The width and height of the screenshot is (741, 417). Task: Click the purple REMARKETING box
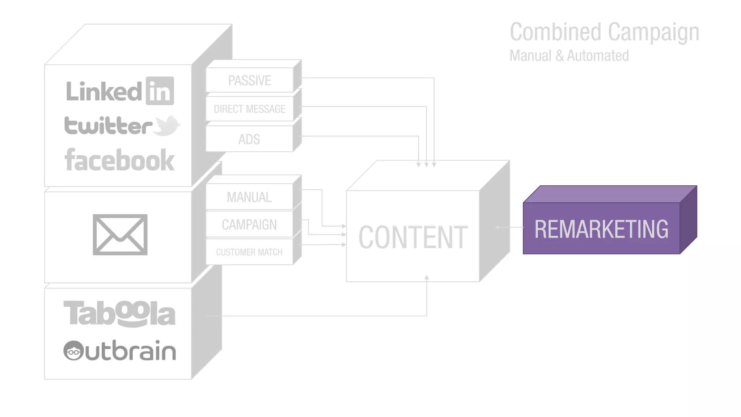[x=601, y=228]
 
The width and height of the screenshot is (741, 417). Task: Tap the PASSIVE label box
[x=249, y=80]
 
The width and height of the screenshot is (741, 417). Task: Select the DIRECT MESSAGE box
[x=249, y=109]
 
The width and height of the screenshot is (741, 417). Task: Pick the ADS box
[x=249, y=139]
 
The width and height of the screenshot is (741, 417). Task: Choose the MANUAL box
[x=249, y=197]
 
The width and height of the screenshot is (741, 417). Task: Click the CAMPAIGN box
[x=249, y=224]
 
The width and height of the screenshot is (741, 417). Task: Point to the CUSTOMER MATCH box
[x=249, y=252]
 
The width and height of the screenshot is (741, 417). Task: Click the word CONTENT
[x=413, y=237]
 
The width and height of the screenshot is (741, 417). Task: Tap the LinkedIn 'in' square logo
[x=160, y=91]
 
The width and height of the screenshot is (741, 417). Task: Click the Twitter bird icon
[x=166, y=125]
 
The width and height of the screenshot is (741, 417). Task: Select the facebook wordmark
[x=119, y=160]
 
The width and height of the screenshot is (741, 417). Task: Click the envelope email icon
[x=120, y=235]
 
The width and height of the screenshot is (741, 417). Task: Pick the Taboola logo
[x=119, y=313]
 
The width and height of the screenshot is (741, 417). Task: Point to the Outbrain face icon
[x=74, y=350]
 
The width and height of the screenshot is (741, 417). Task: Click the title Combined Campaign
[x=604, y=32]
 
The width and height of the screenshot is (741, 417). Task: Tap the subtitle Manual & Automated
[x=569, y=56]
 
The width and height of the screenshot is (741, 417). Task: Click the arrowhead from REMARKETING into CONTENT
[x=497, y=227]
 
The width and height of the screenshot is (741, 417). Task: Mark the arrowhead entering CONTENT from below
[x=427, y=278]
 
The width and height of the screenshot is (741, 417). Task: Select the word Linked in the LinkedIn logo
[x=104, y=91]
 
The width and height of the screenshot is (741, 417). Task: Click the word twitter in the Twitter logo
[x=108, y=126]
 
